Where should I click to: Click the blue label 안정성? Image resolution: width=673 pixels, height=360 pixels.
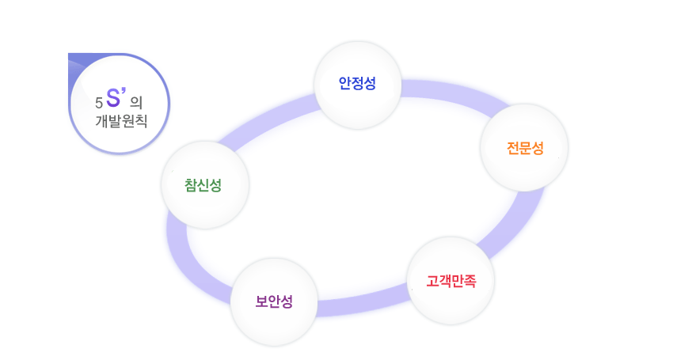(357, 83)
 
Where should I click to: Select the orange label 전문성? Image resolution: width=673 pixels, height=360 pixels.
(525, 148)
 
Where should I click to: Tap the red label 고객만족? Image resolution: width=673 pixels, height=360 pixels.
(451, 281)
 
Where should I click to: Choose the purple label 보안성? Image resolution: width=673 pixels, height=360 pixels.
(274, 301)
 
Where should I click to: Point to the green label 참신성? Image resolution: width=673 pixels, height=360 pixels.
(203, 185)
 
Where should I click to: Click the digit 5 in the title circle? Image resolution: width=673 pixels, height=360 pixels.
(98, 103)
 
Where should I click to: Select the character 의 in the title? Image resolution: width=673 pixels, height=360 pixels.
(135, 102)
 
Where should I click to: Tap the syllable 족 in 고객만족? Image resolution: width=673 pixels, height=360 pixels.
(470, 281)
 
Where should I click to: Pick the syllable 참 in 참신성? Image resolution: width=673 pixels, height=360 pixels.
(191, 185)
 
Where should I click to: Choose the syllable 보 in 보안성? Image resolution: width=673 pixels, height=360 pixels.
(262, 301)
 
